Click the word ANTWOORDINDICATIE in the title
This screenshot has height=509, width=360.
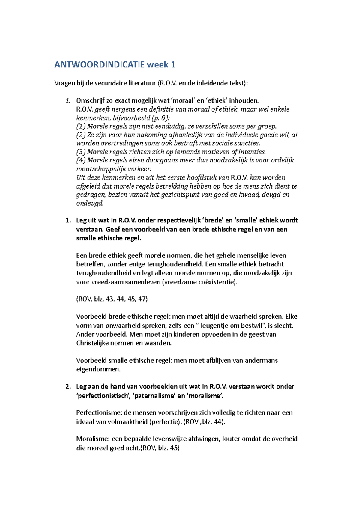[x=99, y=65]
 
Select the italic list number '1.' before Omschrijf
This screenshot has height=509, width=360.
[x=68, y=100]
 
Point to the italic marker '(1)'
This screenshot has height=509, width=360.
[x=81, y=126]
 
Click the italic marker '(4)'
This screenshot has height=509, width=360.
[x=81, y=160]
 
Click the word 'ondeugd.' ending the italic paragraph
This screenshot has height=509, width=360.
[x=90, y=203]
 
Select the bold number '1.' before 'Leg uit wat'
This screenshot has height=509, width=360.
[x=68, y=220]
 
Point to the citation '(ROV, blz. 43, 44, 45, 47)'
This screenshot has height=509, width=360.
[x=112, y=299]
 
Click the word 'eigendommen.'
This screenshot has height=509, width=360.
[x=98, y=369]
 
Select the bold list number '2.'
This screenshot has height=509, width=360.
[x=68, y=387]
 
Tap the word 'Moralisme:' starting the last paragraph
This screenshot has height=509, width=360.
[x=93, y=439]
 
